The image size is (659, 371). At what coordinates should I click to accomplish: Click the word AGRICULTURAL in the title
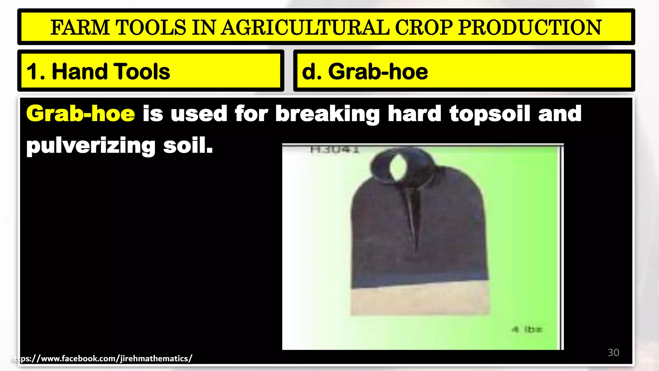pos(305,27)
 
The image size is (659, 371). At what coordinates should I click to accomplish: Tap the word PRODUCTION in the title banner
pos(530,27)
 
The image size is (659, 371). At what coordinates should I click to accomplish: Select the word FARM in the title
pos(80,27)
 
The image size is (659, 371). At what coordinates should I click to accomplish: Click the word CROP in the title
pos(424,27)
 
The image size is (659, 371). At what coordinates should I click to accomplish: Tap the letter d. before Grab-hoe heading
pos(311,71)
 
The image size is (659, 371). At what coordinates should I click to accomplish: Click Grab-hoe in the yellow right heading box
pos(378,71)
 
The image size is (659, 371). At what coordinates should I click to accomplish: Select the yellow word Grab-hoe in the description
pos(80,114)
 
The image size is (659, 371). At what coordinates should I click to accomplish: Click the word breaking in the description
pos(327,114)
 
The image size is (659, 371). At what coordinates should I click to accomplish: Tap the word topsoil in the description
pos(489,114)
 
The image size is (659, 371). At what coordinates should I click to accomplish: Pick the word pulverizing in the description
pos(91,146)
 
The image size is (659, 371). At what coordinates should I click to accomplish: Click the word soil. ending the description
pos(188,145)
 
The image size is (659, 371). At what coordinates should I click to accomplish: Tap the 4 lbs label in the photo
pos(527,329)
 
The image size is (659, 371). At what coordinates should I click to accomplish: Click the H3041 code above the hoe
pos(335,149)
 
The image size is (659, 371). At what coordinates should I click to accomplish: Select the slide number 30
pos(613,353)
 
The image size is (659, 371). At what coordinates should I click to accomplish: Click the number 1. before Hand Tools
pos(35,71)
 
